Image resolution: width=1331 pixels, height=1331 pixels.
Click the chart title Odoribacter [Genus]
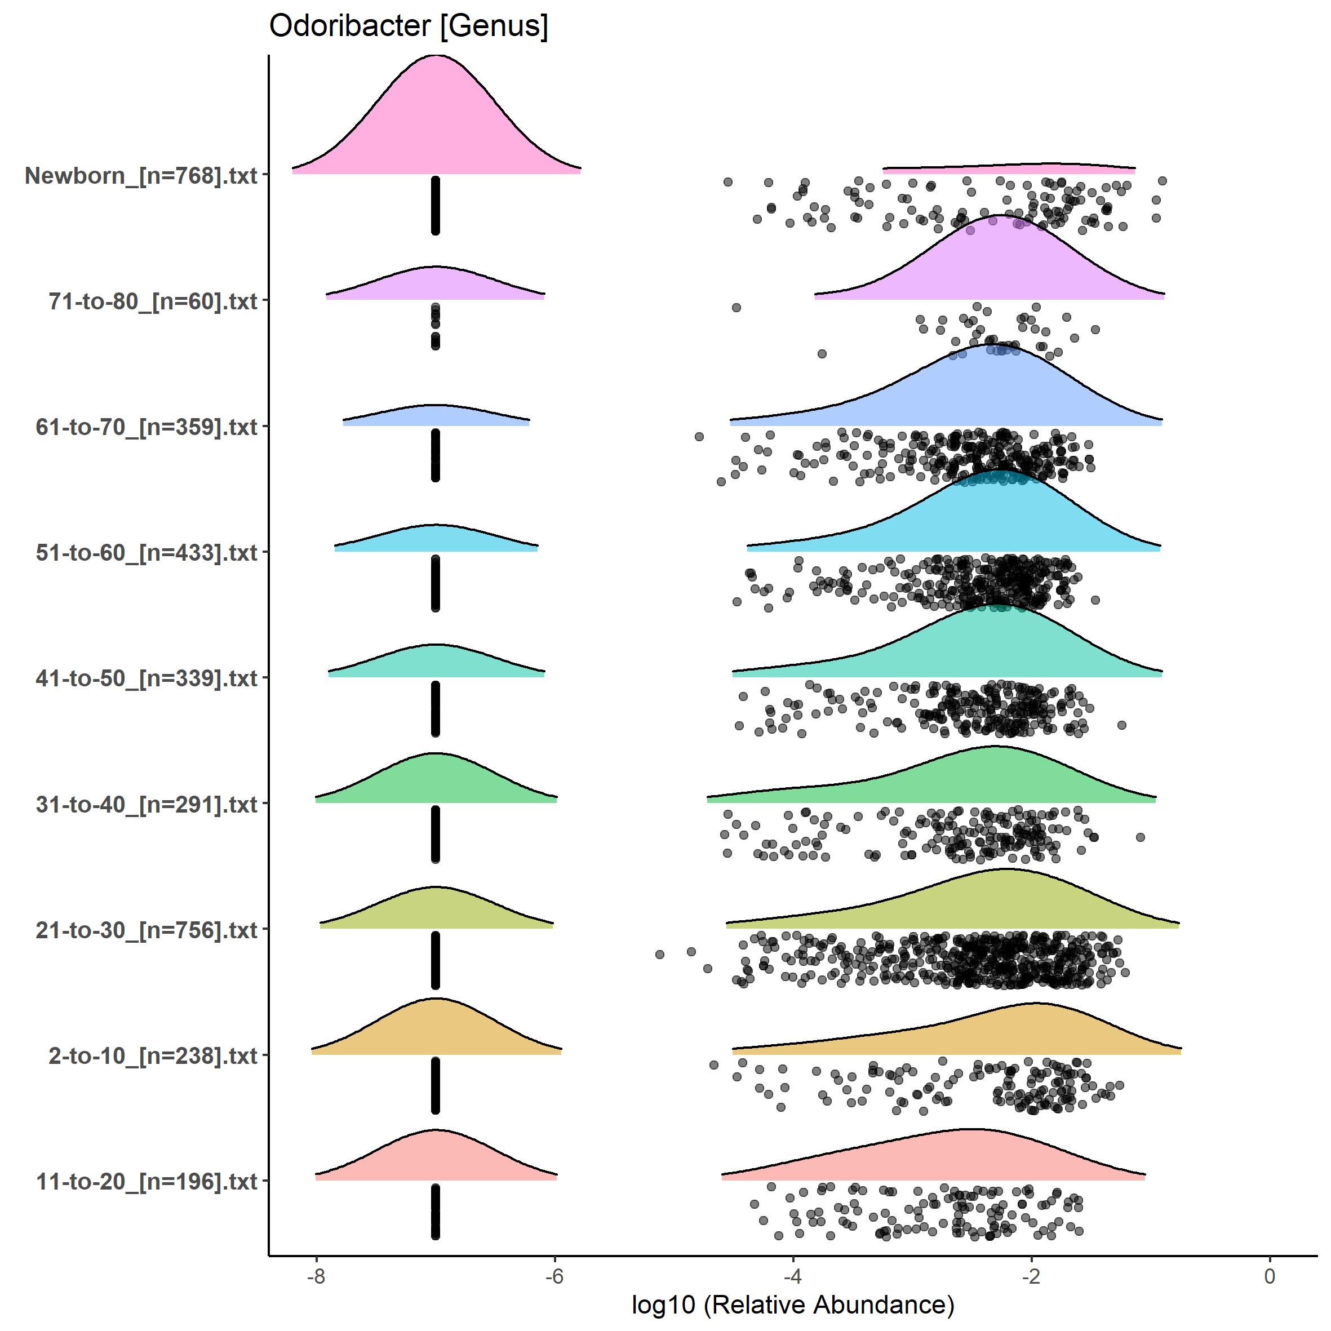408,26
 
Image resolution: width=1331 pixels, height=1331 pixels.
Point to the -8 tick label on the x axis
316,1276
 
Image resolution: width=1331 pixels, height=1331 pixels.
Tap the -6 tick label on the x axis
554,1276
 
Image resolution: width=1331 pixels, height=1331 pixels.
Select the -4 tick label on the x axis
792,1276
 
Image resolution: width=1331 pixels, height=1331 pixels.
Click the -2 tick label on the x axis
1031,1276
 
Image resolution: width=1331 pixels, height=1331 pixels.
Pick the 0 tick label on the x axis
1270,1276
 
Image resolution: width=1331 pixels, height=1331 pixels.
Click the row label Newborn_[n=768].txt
141,176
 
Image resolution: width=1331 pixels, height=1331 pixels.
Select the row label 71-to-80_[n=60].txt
153,301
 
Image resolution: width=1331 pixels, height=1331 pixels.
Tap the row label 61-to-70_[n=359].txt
147,427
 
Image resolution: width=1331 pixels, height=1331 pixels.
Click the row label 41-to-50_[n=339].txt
147,678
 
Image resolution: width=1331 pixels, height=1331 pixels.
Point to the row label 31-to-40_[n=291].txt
147,804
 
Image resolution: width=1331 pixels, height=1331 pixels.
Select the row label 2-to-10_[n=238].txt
153,1055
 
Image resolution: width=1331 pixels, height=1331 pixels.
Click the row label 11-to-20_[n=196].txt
147,1182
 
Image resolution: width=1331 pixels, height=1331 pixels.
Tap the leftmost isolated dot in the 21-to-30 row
659,954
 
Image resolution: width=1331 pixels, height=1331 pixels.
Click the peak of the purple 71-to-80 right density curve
993,216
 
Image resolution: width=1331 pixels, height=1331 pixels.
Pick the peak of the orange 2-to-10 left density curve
436,999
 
